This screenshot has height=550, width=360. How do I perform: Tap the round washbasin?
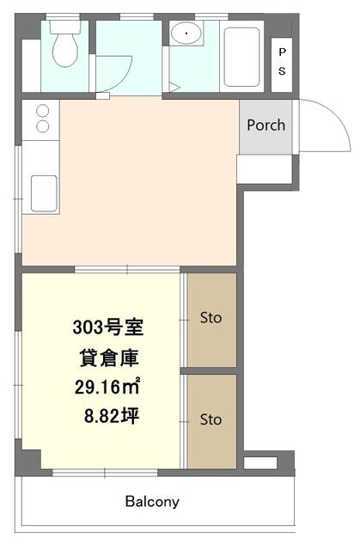(x=186, y=33)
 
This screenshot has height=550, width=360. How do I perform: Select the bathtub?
(x=241, y=57)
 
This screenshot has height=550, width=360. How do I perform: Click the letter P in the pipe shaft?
(x=282, y=52)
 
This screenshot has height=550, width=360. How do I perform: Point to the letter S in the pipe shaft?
(x=282, y=71)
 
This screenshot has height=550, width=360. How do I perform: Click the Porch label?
(x=266, y=125)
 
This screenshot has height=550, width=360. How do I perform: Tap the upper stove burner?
(x=43, y=111)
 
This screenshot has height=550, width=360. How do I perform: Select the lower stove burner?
(x=43, y=126)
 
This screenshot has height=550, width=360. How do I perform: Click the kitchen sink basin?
(x=44, y=193)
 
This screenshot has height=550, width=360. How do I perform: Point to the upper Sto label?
(x=211, y=318)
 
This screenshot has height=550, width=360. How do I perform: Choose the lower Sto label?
(x=211, y=419)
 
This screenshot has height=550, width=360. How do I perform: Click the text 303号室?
(x=108, y=327)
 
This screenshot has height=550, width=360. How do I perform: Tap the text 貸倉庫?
(x=110, y=358)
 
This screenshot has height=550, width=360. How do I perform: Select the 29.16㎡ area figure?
(x=107, y=387)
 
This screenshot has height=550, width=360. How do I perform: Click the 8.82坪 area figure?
(x=112, y=417)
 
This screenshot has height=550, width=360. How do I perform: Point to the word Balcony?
(x=152, y=502)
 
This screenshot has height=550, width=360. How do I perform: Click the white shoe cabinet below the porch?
(x=265, y=168)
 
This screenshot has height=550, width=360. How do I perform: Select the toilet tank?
(x=65, y=27)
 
